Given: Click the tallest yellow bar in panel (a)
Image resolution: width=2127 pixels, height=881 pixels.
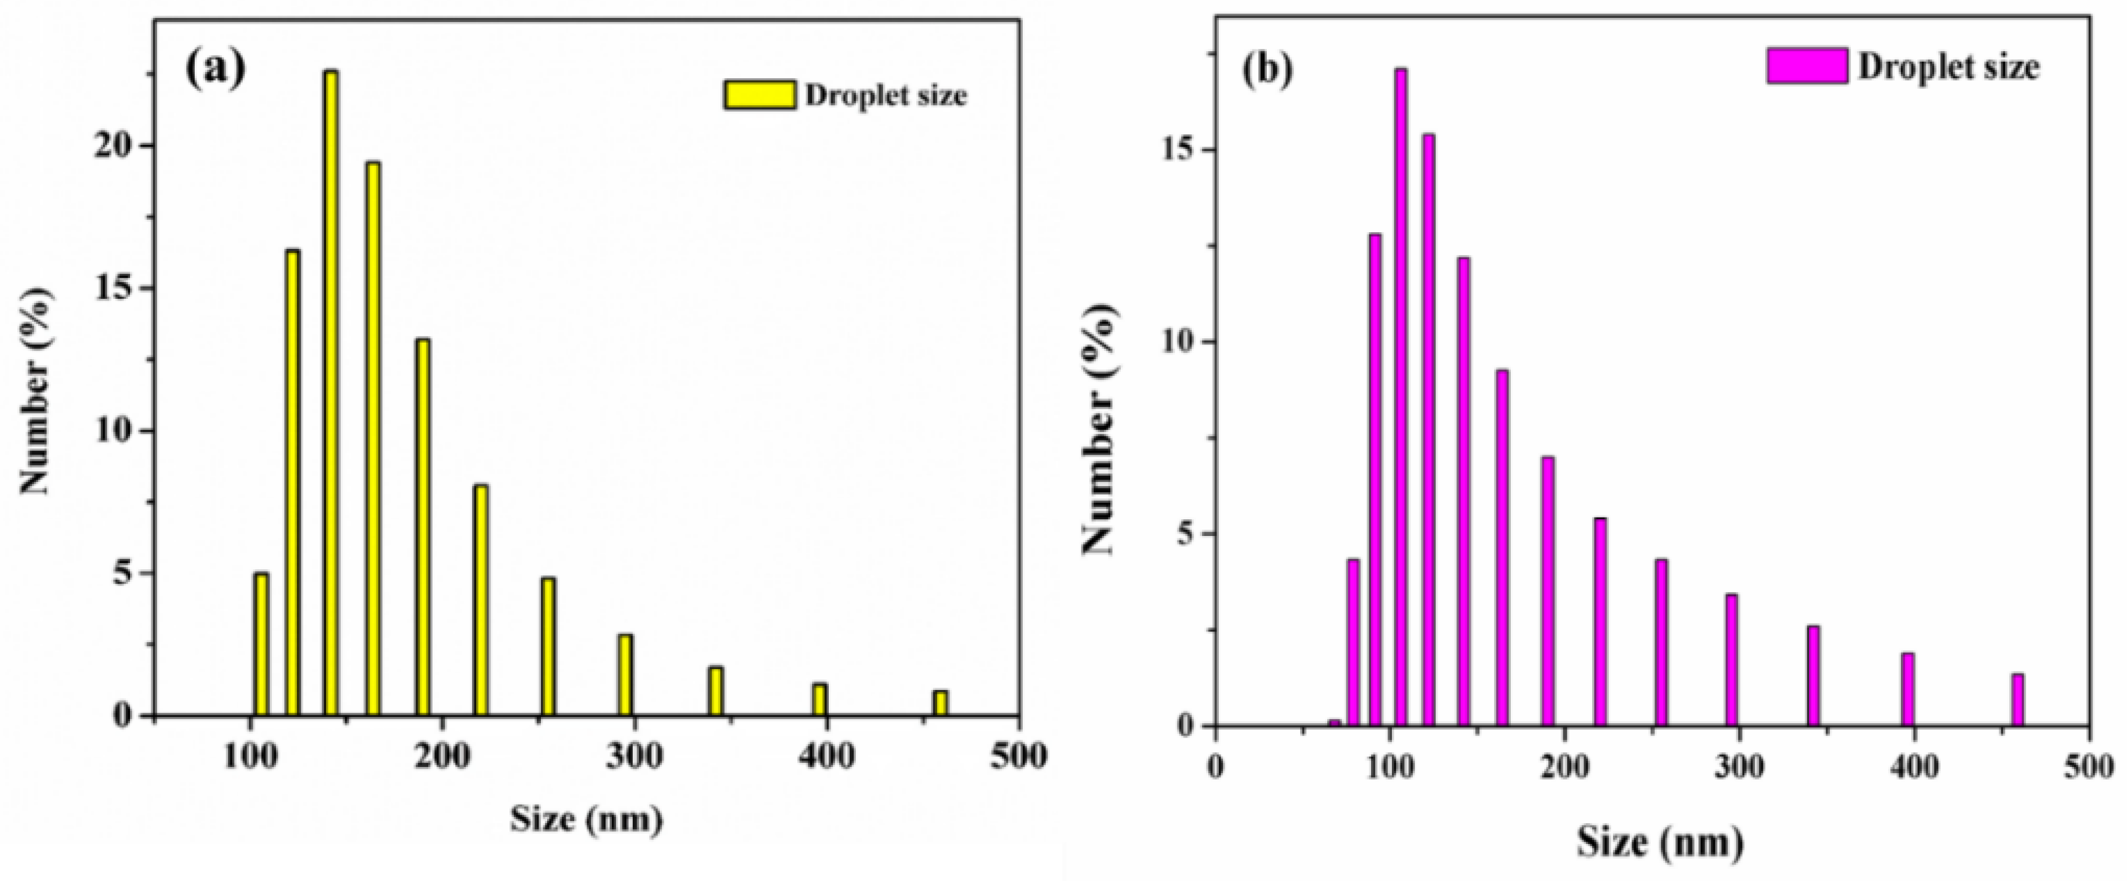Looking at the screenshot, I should coord(331,392).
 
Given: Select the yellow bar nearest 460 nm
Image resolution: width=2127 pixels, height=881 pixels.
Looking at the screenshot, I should coord(940,703).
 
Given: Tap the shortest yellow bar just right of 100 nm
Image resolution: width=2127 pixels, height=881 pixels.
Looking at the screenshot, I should coord(261,644).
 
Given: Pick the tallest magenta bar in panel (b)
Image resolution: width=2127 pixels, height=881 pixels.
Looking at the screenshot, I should coord(1401,396).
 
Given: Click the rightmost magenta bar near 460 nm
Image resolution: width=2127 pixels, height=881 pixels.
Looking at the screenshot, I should coord(2018,700).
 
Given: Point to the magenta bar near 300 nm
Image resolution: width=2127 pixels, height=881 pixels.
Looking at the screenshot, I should coord(1731,660).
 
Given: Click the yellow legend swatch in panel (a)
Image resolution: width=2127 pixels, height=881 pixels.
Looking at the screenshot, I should coord(760,95).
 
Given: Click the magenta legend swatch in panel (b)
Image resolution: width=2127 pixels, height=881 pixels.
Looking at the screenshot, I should coord(1807,65).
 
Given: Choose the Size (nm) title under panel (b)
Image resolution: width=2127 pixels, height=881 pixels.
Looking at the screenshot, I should coord(1661,843).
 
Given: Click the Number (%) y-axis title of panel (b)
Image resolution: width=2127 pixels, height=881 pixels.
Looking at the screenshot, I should coord(1100,429).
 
